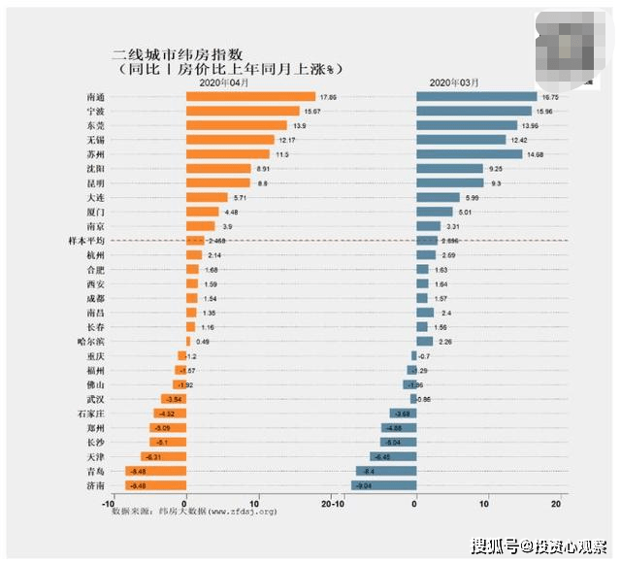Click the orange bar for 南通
[x=250, y=97]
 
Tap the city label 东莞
[x=96, y=125]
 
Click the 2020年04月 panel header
[x=223, y=84]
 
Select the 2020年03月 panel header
[x=453, y=84]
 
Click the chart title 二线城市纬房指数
[x=185, y=54]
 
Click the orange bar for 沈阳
[x=218, y=168]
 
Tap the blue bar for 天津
[x=393, y=456]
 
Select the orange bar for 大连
[x=207, y=197]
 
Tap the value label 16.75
[x=551, y=97]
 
